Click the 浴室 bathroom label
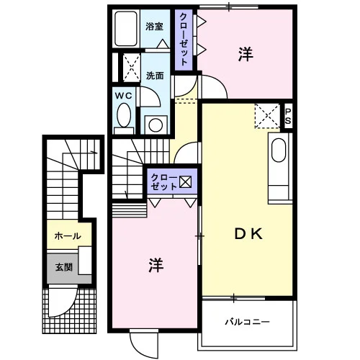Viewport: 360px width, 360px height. click(x=154, y=27)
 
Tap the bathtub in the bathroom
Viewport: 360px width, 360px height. click(x=126, y=29)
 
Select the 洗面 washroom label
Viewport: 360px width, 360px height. click(x=155, y=76)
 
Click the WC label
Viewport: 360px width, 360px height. click(x=123, y=96)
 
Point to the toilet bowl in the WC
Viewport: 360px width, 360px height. click(x=124, y=115)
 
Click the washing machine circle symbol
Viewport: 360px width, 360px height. click(x=156, y=125)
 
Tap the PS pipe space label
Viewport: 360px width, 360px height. click(x=288, y=116)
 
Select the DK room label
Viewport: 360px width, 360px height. click(x=248, y=234)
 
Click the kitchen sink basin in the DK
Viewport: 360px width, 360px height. click(x=279, y=150)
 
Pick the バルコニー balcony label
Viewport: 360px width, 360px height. click(x=247, y=322)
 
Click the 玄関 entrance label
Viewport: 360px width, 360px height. click(x=64, y=267)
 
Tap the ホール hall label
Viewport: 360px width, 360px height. click(x=68, y=236)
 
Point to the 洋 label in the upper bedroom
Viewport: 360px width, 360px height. click(x=246, y=54)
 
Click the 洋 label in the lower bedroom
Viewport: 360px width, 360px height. click(x=156, y=266)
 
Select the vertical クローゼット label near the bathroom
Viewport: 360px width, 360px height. click(x=184, y=40)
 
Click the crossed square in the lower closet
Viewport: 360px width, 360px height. click(x=185, y=181)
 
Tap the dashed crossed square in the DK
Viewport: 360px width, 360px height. click(x=267, y=116)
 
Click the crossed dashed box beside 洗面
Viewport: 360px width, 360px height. click(x=132, y=68)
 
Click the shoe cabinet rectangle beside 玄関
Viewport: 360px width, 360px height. click(x=85, y=261)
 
